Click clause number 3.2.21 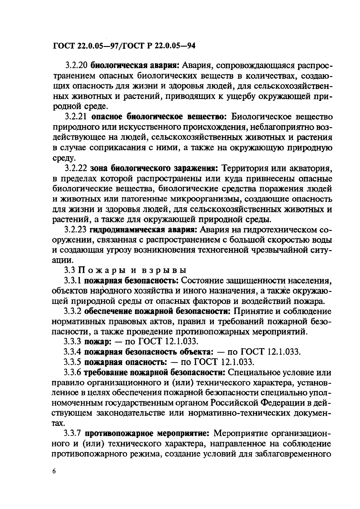coord(76,117)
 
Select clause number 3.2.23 coord(76,230)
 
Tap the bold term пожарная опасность coord(125,362)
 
